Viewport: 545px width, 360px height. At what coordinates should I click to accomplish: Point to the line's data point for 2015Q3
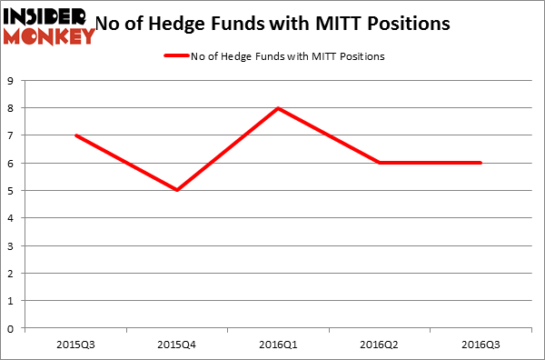(x=75, y=135)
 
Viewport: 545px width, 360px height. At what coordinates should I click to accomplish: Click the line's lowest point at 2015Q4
(x=177, y=190)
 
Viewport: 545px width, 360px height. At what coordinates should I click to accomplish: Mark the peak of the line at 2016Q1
(x=278, y=108)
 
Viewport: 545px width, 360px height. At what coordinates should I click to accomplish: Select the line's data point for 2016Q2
(x=380, y=163)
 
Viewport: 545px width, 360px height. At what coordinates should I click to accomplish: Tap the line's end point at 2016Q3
(x=481, y=163)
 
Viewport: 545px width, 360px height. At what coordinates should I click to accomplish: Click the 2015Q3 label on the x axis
(x=75, y=344)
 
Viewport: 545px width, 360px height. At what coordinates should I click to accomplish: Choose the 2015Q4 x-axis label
(x=177, y=344)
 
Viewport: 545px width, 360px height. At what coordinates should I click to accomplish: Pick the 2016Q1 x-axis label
(x=278, y=344)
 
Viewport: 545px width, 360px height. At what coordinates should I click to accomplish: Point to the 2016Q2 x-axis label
(x=380, y=344)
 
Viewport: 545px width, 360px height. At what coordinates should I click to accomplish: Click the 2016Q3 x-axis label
(x=481, y=344)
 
